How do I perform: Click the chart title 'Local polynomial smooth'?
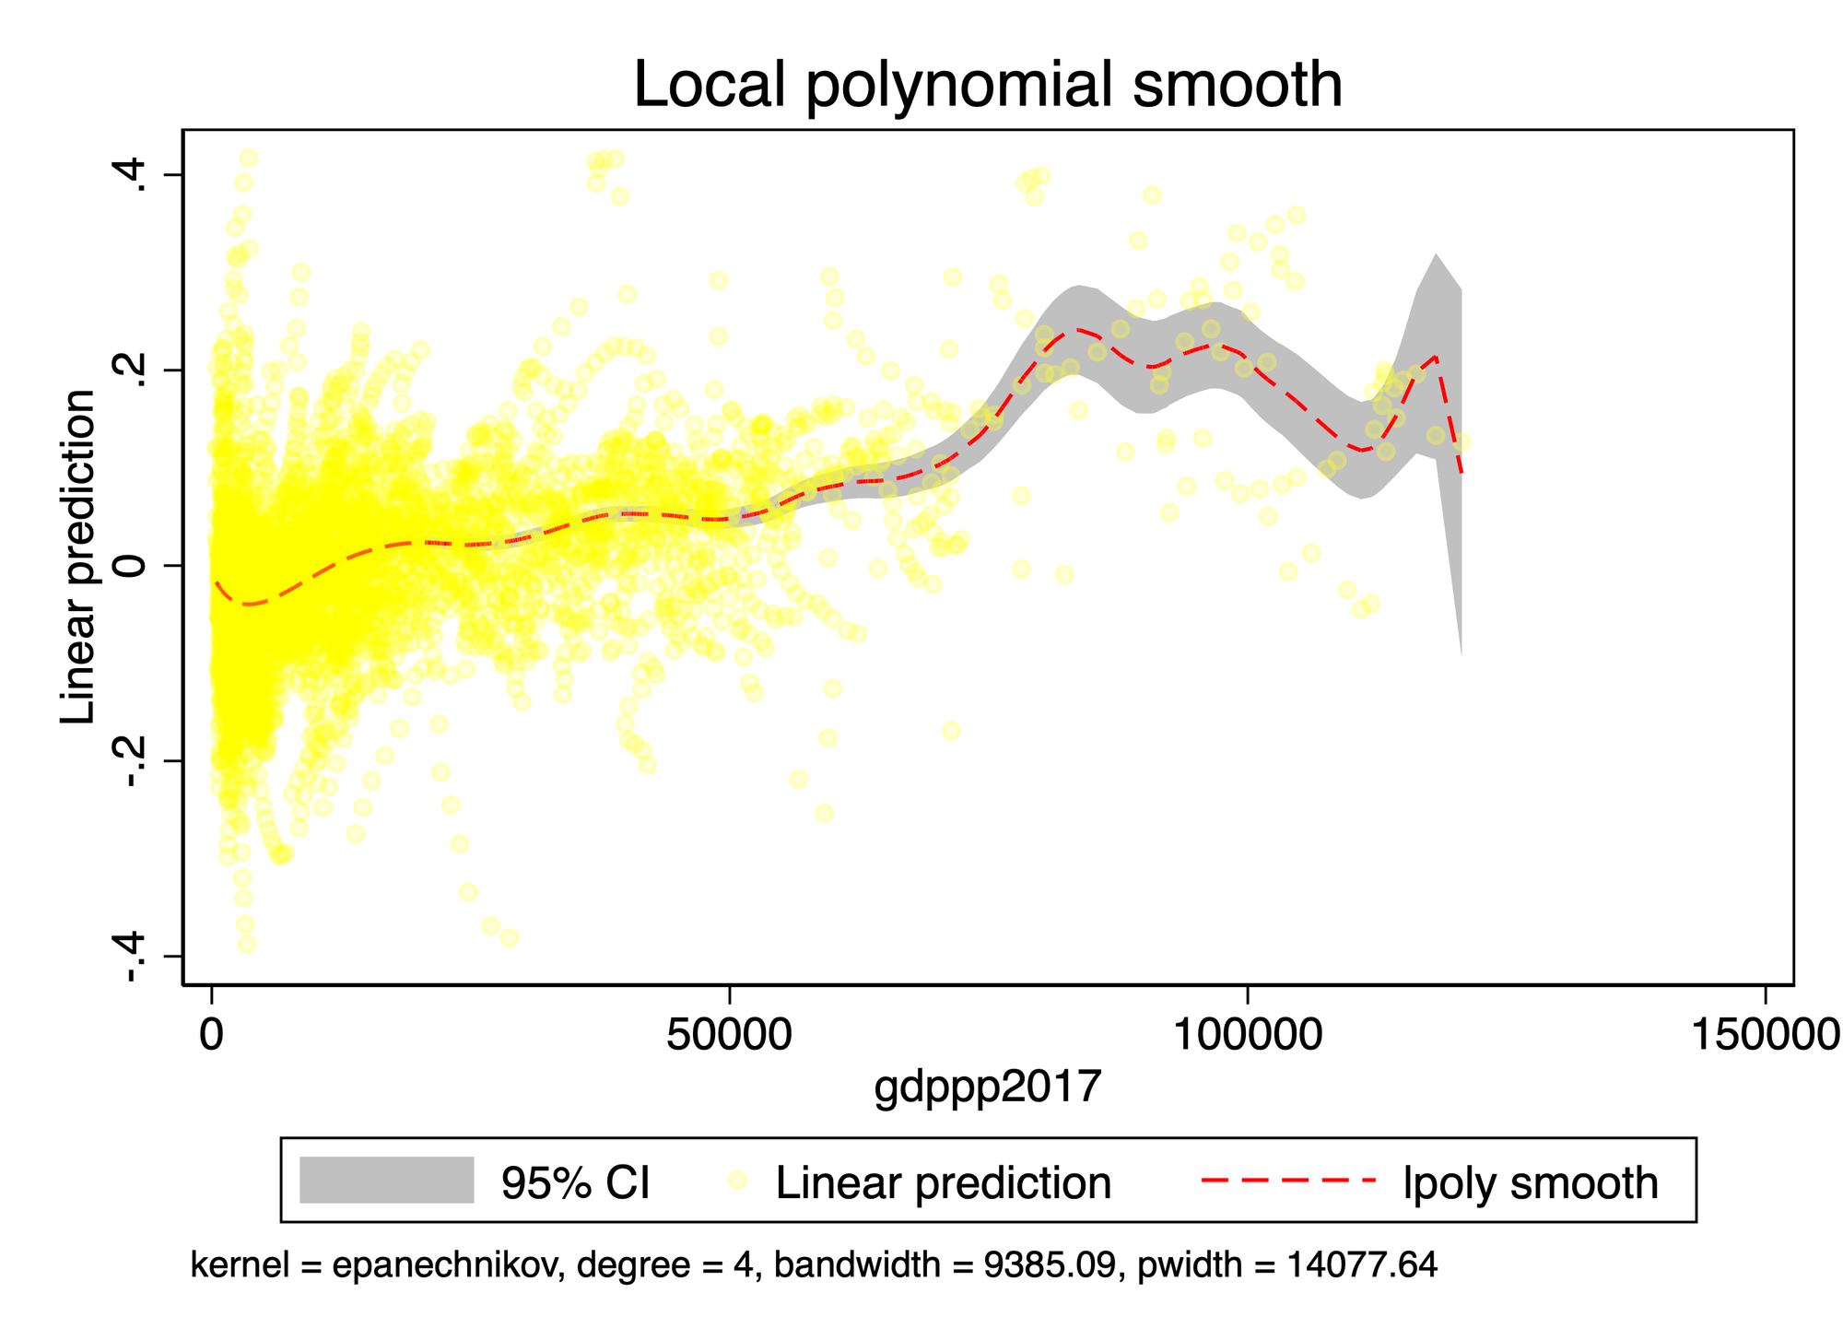[987, 85]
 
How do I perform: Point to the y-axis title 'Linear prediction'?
[78, 557]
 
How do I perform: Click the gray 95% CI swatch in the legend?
[386, 1181]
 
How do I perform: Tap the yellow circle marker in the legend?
[736, 1181]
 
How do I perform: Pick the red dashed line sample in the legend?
[1288, 1181]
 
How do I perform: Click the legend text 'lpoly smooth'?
[1530, 1182]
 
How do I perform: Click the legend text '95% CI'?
[575, 1182]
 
